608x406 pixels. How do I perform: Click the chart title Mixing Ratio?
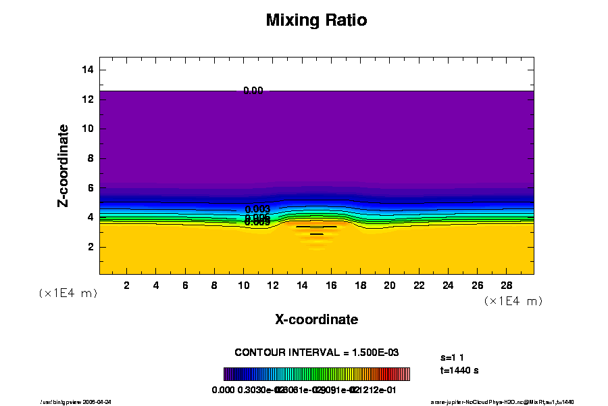pyautogui.click(x=316, y=20)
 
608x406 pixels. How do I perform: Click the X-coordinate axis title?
pyautogui.click(x=316, y=319)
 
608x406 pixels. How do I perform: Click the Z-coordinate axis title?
pyautogui.click(x=64, y=165)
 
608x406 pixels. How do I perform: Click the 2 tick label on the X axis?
pyautogui.click(x=127, y=285)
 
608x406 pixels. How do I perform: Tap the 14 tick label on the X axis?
pyautogui.click(x=301, y=285)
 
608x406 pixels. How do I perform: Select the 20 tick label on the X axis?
pyautogui.click(x=389, y=285)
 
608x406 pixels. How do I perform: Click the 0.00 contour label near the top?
pyautogui.click(x=253, y=90)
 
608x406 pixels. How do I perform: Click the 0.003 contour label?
pyautogui.click(x=257, y=209)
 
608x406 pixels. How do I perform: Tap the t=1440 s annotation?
pyautogui.click(x=459, y=370)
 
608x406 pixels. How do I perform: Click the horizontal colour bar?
pyautogui.click(x=316, y=374)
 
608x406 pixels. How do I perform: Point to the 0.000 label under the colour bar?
pyautogui.click(x=223, y=390)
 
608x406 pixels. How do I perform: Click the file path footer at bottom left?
pyautogui.click(x=86, y=402)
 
